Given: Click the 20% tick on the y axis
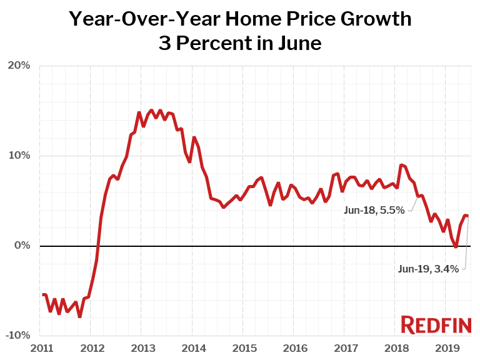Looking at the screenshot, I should tap(19, 66).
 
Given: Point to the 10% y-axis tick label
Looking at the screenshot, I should tap(19, 156).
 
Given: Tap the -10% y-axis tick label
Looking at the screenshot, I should tap(17, 336).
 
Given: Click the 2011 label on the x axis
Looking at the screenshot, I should tap(41, 347).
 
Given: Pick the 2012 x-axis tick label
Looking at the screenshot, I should tap(91, 347).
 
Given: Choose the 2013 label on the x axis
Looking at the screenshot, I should tap(142, 347).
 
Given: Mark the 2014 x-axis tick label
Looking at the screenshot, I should tap(193, 347).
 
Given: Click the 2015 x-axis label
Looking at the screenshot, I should tap(244, 347).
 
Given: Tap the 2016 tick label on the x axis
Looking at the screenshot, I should tap(294, 347).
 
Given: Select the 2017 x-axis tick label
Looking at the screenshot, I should tap(345, 347).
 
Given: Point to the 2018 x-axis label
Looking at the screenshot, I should tap(396, 347).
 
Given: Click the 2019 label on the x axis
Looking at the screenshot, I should tap(446, 347).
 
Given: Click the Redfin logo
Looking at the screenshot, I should tap(436, 325).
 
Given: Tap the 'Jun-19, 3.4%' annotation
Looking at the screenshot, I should tap(428, 269).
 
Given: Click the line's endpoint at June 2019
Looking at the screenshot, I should tap(468, 216).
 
